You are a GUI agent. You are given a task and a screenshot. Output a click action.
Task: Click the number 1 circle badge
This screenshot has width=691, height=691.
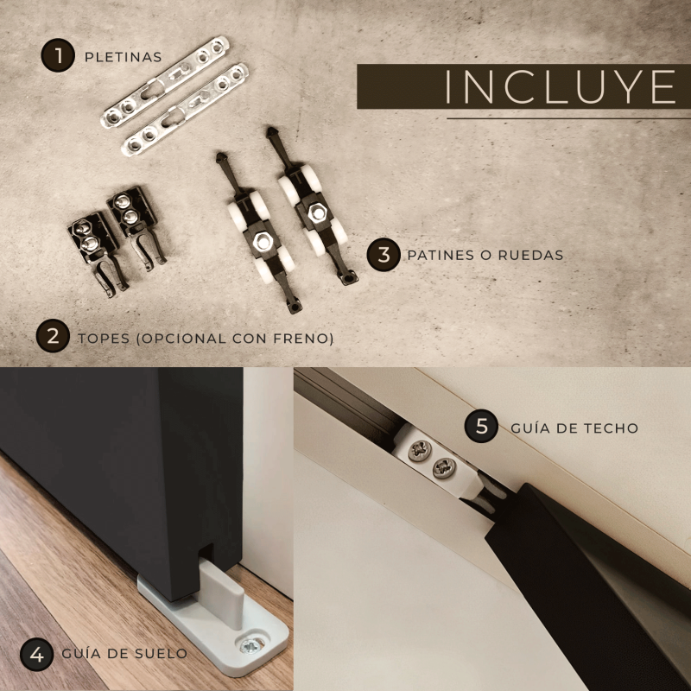click(x=58, y=55)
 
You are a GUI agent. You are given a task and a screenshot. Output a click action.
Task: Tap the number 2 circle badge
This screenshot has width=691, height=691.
click(x=53, y=336)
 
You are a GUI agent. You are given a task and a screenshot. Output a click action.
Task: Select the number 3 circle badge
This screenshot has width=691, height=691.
click(x=384, y=255)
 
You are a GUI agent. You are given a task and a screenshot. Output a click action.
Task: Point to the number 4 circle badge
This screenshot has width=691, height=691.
click(x=37, y=655)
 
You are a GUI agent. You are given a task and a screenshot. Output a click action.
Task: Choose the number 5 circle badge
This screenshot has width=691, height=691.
click(x=481, y=426)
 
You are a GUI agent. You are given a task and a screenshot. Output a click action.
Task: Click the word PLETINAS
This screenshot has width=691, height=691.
click(x=123, y=57)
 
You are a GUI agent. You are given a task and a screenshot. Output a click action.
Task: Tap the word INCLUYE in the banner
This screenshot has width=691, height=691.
click(x=560, y=86)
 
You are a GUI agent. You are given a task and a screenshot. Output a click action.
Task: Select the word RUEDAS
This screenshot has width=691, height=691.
click(x=530, y=255)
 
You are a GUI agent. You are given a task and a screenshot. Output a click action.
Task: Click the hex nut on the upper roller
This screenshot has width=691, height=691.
click(x=316, y=212)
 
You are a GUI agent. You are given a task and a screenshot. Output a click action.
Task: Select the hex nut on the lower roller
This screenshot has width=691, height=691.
click(x=263, y=242)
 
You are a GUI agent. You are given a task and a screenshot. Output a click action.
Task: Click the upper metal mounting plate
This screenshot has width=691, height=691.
click(x=165, y=82)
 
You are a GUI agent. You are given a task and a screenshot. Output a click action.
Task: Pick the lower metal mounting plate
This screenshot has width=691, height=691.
click(x=185, y=110)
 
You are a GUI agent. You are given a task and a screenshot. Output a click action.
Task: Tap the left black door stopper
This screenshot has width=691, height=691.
click(x=98, y=252)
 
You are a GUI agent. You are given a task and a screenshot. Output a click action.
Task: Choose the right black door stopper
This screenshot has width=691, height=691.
click(x=136, y=227)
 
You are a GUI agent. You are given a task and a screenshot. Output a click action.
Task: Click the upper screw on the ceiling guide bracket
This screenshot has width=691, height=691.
click(x=420, y=450)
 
